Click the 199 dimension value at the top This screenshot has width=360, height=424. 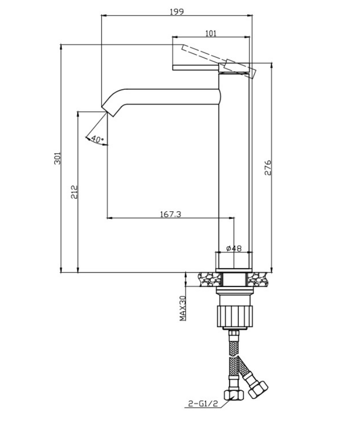177,12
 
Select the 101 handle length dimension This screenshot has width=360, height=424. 211,33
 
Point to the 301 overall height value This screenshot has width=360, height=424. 57,159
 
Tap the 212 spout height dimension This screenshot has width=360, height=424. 74,192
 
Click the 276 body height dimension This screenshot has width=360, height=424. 268,168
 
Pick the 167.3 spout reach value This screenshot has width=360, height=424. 171,214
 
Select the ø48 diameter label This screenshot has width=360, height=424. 234,248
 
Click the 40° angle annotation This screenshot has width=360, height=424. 98,139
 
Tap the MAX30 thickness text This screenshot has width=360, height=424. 183,308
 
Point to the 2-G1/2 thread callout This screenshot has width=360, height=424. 203,404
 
